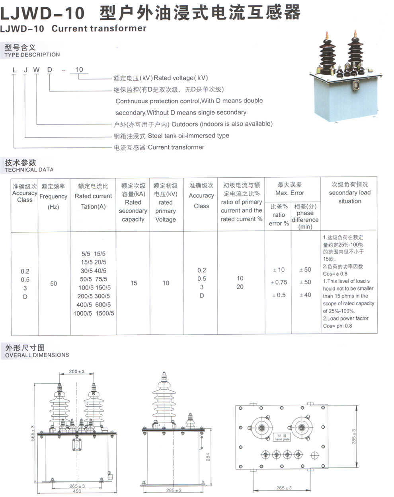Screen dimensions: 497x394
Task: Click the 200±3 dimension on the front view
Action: tap(77, 371)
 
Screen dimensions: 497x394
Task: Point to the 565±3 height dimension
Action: tap(33, 433)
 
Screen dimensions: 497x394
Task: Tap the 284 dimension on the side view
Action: tap(208, 457)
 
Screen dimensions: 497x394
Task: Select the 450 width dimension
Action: tap(77, 491)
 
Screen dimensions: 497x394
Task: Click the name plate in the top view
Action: tap(282, 437)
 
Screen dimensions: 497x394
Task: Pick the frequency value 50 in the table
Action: tap(54, 283)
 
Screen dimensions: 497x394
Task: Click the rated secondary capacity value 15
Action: tap(134, 283)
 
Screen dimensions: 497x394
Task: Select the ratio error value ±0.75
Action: tap(279, 282)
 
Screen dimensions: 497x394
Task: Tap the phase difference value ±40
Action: tap(305, 295)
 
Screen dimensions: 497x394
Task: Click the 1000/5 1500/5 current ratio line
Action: tap(94, 313)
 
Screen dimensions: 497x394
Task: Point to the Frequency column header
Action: tap(53, 196)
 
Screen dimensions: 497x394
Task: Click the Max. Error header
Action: tap(289, 193)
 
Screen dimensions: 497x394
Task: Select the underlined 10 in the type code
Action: tap(79, 70)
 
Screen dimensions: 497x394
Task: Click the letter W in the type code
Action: tap(37, 70)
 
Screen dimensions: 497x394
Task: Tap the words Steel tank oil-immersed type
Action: tap(188, 136)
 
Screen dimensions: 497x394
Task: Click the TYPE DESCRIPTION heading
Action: tap(32, 55)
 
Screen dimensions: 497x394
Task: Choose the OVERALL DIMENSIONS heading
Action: tap(37, 355)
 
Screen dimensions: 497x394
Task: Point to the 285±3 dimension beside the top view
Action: tap(354, 437)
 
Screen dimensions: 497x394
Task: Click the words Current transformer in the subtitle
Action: tap(99, 29)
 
